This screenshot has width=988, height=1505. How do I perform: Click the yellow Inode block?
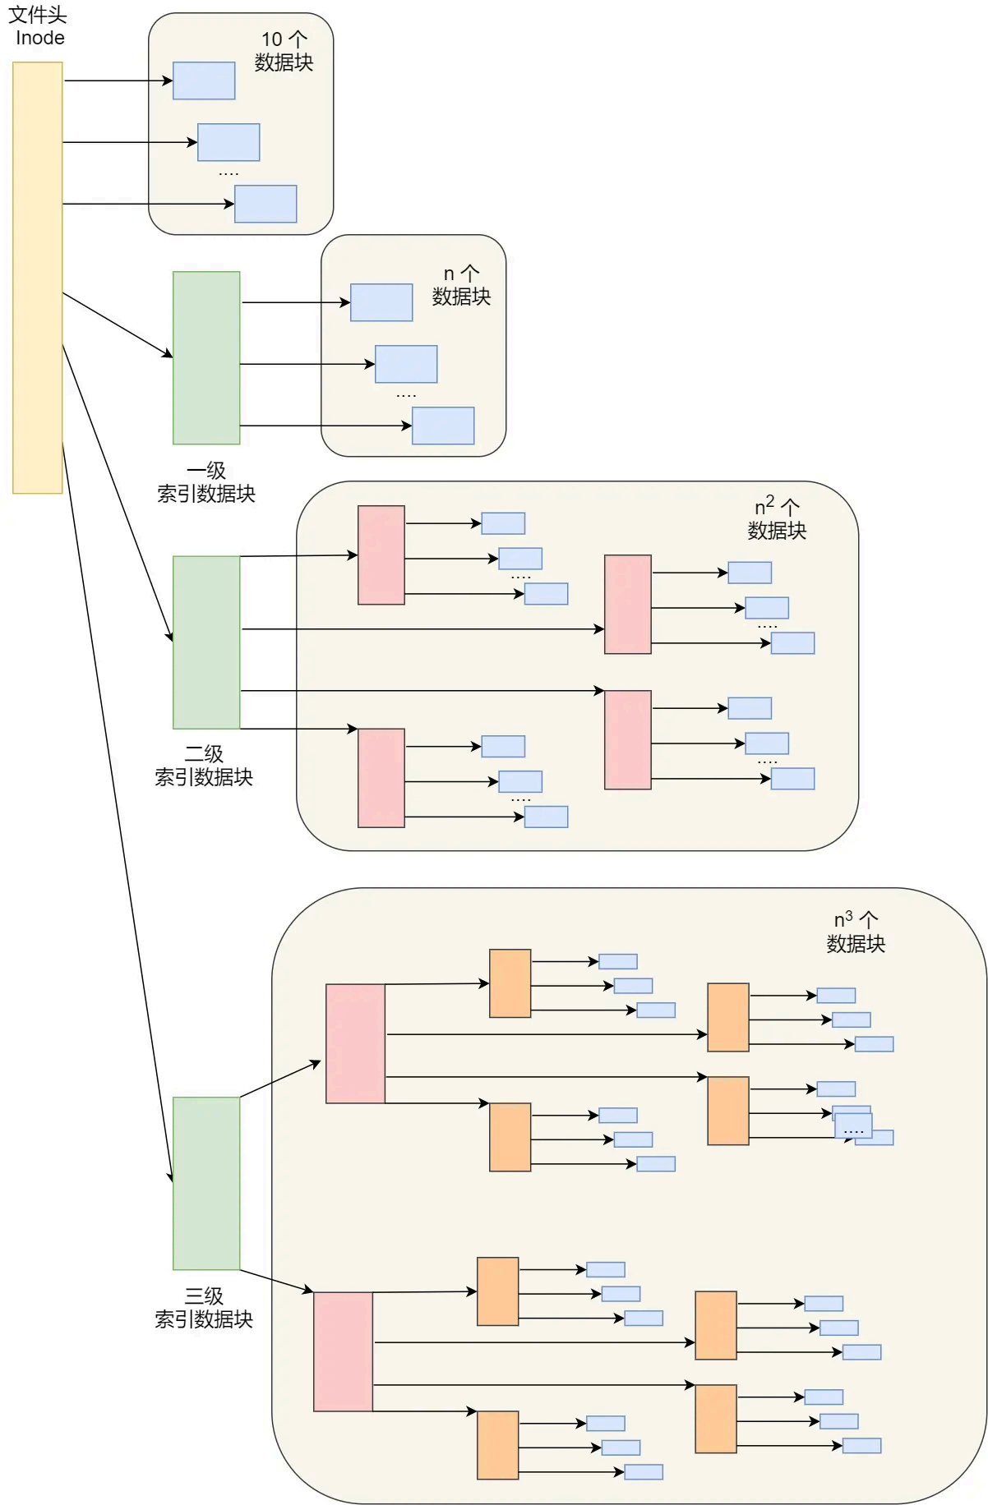pos(38,278)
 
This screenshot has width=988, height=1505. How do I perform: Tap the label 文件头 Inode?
pos(38,26)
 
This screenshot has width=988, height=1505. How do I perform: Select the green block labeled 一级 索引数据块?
pos(206,357)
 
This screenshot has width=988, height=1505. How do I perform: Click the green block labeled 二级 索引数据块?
pos(206,642)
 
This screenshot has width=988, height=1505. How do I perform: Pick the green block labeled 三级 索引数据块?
pos(206,1183)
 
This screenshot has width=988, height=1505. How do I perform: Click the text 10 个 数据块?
pos(284,51)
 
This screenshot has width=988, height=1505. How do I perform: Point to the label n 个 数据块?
pos(461,285)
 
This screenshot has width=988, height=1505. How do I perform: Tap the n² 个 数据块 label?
pos(777,518)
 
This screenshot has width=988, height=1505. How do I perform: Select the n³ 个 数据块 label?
pos(856,932)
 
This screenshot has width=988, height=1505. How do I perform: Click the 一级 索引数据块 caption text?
pos(206,482)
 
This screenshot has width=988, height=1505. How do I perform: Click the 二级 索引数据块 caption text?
pos(204,766)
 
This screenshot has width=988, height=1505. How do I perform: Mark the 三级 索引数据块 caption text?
pos(204,1307)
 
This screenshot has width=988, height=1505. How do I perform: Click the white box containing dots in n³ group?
pos(853,1125)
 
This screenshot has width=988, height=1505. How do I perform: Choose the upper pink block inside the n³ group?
pos(355,1043)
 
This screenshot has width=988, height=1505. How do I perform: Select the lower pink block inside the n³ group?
pos(343,1351)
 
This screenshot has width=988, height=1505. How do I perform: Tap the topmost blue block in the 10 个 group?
pos(204,81)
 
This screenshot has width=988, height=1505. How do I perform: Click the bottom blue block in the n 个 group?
pos(443,426)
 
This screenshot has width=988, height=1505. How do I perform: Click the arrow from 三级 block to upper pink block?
pos(279,1079)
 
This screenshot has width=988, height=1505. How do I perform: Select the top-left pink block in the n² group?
pos(381,555)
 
